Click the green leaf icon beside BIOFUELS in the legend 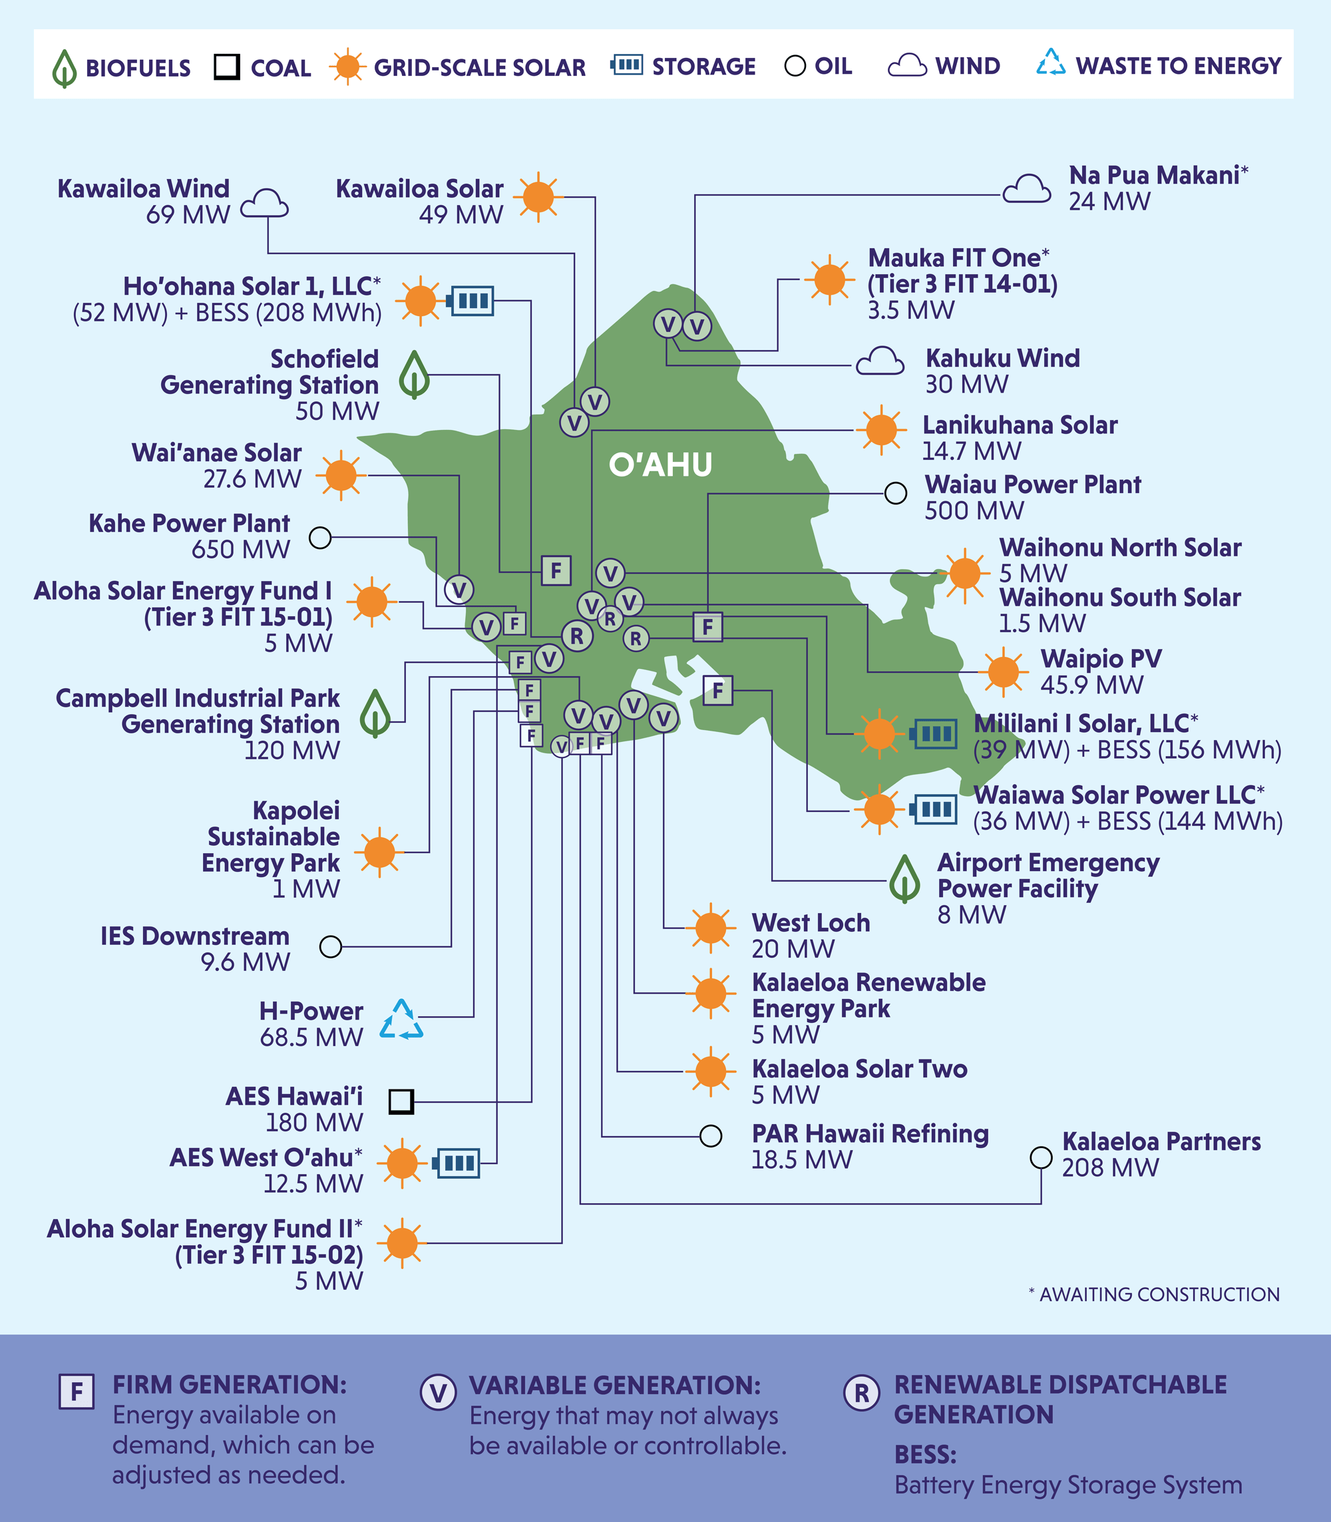(x=65, y=69)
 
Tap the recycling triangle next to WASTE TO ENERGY (x=1051, y=63)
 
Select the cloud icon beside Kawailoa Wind (x=264, y=203)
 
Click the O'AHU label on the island (x=660, y=465)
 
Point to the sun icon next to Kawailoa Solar (x=538, y=197)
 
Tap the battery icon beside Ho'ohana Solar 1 (x=471, y=301)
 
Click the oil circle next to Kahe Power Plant (x=320, y=537)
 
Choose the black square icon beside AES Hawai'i (x=401, y=1101)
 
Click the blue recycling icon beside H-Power (x=401, y=1020)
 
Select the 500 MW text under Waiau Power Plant (x=974, y=511)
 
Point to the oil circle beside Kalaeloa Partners (x=1041, y=1157)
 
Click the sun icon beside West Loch (x=711, y=928)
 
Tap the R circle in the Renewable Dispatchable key (x=862, y=1393)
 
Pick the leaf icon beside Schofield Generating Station (x=414, y=375)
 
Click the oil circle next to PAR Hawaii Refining (x=711, y=1136)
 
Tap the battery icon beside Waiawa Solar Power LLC (x=934, y=809)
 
